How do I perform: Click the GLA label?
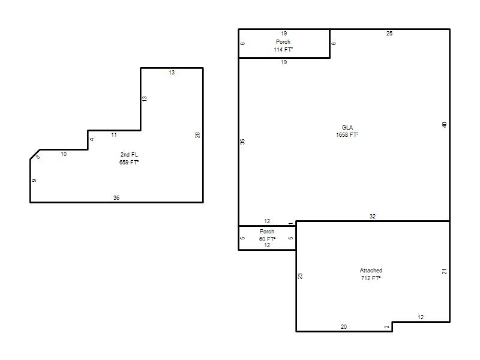(x=347, y=127)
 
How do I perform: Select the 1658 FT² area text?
(x=347, y=134)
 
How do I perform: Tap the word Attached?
(x=371, y=271)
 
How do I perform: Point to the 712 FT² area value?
(x=371, y=278)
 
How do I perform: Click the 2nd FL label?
(x=129, y=155)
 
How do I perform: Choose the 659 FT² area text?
(x=129, y=162)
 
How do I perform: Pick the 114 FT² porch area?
(x=283, y=49)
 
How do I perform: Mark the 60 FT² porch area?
(x=267, y=239)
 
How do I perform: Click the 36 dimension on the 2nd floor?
(x=116, y=198)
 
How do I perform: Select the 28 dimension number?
(x=198, y=135)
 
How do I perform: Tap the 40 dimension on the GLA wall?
(x=445, y=125)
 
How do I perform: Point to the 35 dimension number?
(x=242, y=142)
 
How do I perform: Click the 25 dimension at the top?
(x=389, y=34)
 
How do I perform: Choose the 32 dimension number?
(x=372, y=217)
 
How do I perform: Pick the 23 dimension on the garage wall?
(x=300, y=276)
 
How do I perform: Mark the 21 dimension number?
(x=445, y=272)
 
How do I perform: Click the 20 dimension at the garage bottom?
(x=344, y=327)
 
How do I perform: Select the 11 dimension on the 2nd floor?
(x=114, y=134)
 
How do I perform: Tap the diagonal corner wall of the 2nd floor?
(x=35, y=154)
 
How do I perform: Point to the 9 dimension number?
(x=34, y=181)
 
